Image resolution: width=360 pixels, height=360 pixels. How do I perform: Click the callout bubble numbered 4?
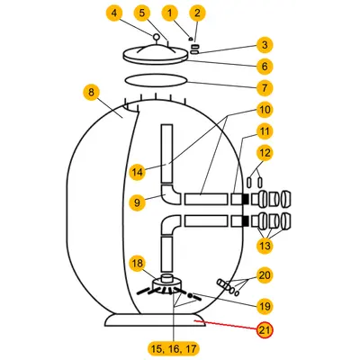114,13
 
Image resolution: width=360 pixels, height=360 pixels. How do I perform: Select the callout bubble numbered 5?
142,13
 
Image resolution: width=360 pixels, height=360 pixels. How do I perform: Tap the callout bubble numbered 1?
170,13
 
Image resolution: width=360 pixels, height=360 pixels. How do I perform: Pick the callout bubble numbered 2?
197,13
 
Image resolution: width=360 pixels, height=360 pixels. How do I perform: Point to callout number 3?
265,45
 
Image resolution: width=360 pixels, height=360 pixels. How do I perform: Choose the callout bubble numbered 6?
265,67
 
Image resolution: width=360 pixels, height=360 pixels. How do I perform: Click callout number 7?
265,88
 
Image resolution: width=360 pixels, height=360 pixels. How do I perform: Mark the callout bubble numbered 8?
91,93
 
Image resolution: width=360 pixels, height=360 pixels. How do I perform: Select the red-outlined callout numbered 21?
265,330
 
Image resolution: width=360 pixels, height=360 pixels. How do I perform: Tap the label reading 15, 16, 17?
174,349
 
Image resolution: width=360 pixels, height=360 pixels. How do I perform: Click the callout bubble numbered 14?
138,172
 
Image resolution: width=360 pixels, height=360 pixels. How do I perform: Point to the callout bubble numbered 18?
138,264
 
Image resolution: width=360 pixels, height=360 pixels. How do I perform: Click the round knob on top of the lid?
157,37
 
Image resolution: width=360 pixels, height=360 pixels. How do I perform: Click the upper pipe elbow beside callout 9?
169,195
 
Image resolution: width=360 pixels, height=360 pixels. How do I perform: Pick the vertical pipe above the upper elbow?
166,154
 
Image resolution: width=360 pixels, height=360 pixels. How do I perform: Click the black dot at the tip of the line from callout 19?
190,295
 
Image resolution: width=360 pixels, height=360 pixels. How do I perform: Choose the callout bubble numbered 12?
265,153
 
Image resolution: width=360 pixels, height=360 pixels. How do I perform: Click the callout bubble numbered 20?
265,275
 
